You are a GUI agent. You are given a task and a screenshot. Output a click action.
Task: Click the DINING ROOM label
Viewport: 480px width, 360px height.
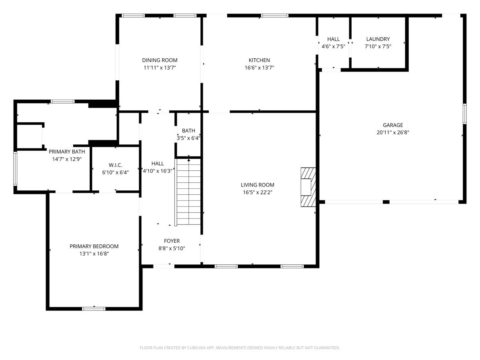click(160, 60)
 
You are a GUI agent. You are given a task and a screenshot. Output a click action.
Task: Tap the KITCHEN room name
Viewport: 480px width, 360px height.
click(259, 60)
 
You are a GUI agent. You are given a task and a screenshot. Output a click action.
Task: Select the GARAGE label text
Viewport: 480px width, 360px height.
click(393, 125)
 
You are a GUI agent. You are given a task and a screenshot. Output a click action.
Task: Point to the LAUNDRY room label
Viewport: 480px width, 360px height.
click(378, 39)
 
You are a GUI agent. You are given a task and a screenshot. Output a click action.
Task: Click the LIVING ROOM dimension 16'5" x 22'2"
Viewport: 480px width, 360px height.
click(257, 192)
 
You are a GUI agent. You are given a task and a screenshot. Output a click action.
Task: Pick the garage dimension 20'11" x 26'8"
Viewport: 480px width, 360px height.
click(393, 132)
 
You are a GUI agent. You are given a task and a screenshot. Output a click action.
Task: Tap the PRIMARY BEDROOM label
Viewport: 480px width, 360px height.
click(94, 246)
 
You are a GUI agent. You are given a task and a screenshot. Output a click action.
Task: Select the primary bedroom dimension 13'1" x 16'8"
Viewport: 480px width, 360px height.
click(94, 254)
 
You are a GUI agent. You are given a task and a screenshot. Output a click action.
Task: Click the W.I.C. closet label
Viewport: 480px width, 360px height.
click(115, 165)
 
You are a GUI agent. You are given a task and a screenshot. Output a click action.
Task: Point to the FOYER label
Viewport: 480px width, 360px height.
click(172, 241)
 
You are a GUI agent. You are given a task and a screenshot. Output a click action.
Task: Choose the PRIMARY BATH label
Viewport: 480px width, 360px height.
click(67, 152)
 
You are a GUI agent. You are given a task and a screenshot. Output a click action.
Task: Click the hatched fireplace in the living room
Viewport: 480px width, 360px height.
click(308, 187)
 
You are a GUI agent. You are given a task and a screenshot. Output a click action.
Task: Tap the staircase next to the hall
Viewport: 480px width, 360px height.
click(188, 192)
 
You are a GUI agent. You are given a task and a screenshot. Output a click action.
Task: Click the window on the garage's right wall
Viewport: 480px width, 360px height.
click(465, 114)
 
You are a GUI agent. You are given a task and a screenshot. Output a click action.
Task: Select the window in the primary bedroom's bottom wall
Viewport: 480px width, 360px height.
click(94, 309)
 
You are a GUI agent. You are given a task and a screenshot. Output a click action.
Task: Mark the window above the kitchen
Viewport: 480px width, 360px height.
click(275, 16)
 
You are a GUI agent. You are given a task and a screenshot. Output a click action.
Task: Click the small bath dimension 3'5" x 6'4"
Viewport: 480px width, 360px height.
click(188, 138)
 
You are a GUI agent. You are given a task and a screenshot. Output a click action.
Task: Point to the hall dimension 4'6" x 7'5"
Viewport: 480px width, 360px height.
click(333, 46)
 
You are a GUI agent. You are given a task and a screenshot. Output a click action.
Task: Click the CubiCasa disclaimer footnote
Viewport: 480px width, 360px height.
click(240, 348)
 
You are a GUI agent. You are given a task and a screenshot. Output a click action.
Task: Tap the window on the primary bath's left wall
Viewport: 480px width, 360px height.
click(15, 169)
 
